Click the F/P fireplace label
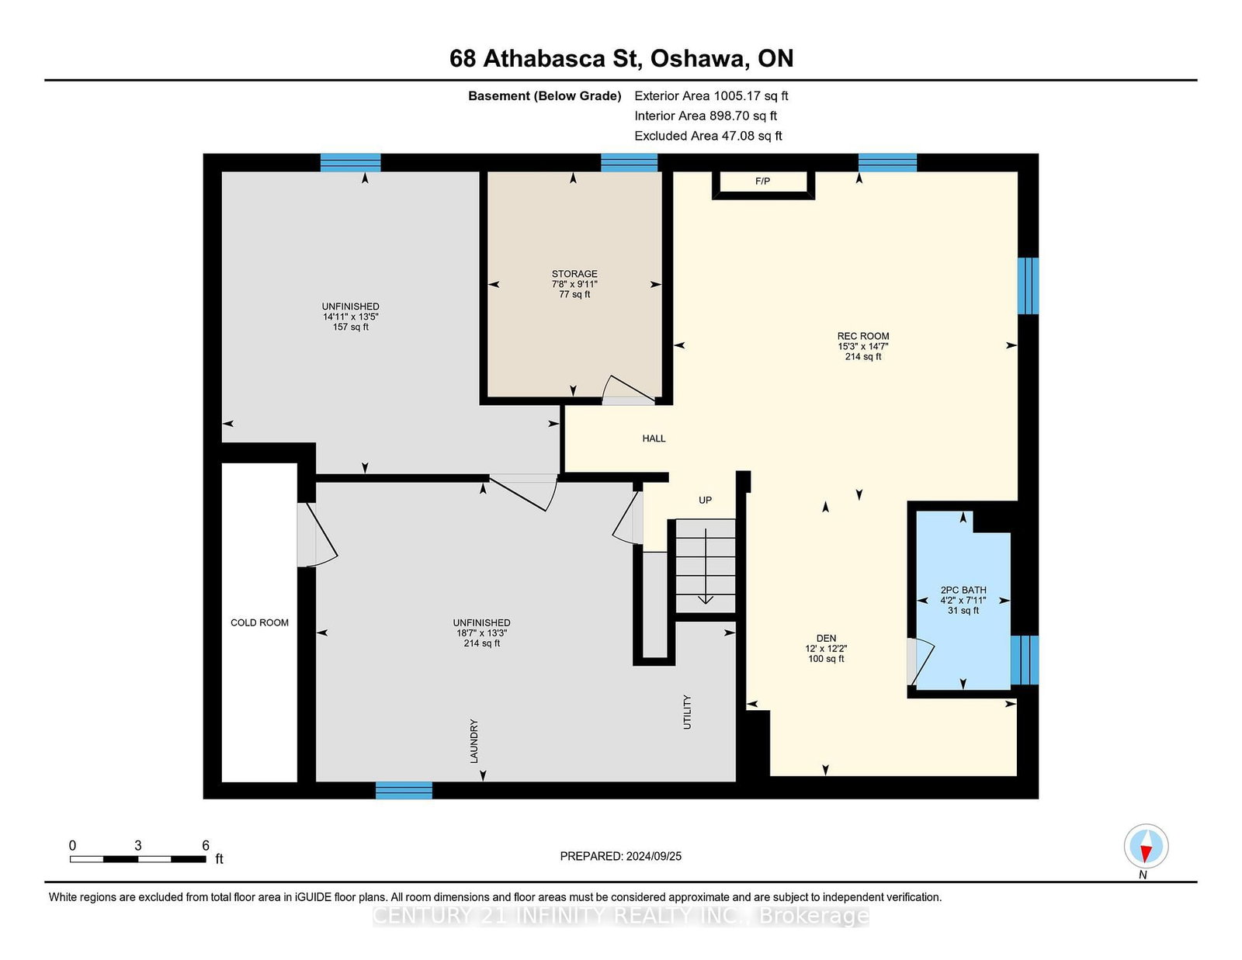[762, 181]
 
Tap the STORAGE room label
[574, 274]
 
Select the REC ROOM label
[863, 336]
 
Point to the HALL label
[654, 438]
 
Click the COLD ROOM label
[259, 622]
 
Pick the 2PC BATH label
[963, 590]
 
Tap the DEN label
[826, 638]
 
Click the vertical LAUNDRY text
[474, 741]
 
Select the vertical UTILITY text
[687, 712]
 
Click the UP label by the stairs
[706, 500]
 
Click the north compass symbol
[1146, 846]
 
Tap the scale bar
[137, 859]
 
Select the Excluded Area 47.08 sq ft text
[708, 136]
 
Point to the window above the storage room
[629, 162]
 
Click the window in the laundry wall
[404, 790]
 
